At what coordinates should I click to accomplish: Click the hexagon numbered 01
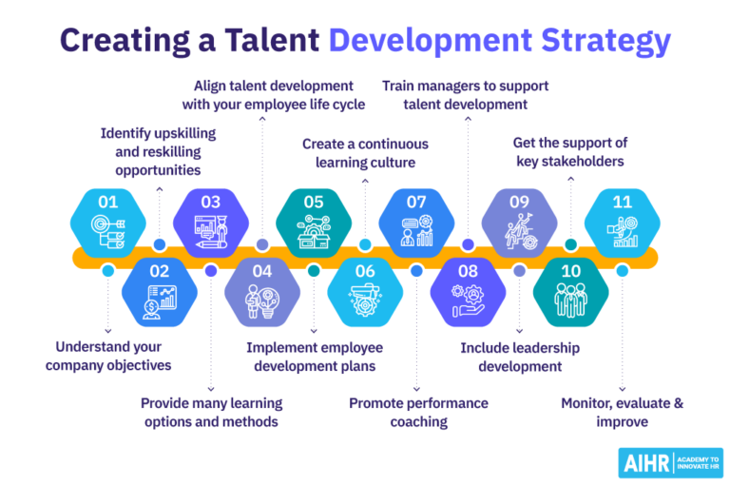coord(108,221)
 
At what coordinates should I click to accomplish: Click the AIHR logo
coord(670,462)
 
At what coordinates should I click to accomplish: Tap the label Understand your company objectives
coord(108,356)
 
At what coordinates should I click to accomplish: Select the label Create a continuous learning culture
coord(365,153)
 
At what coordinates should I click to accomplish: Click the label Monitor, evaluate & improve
coord(622,412)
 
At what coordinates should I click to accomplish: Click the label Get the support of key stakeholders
coord(569,152)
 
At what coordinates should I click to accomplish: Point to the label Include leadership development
coord(520,357)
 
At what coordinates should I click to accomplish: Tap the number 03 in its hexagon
coord(211,202)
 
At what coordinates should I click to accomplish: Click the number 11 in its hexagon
coord(622,202)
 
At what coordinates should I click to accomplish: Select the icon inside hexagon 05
coord(314,233)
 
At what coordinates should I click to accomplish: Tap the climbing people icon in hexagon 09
coord(519,233)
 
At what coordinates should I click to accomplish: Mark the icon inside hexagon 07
coord(416,233)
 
